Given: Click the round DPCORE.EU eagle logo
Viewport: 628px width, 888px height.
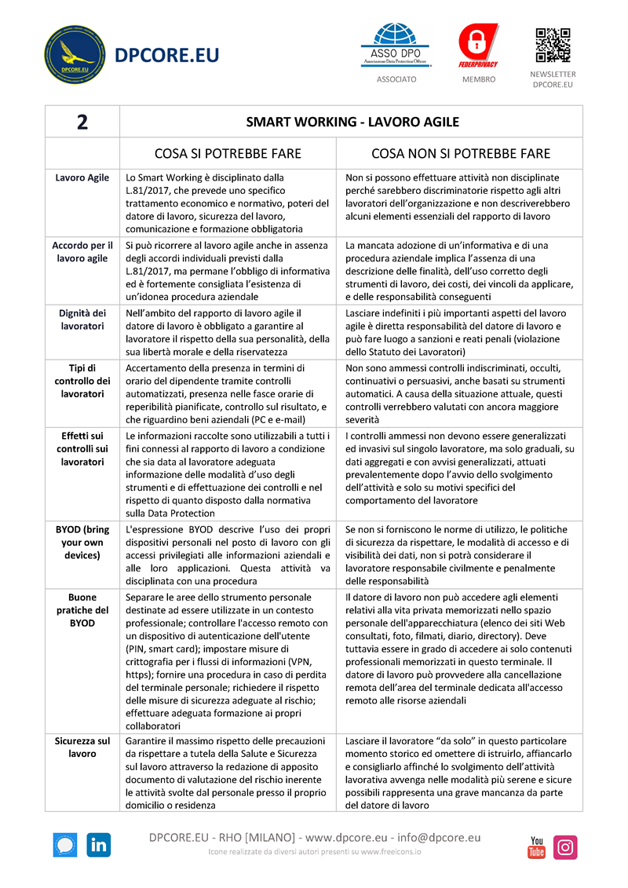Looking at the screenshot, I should point(75,56).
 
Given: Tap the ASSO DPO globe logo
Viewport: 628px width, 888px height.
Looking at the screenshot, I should point(396,43).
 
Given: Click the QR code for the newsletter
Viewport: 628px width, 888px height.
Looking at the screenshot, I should point(553,46).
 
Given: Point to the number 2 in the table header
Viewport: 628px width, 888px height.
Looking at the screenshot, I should point(82,122).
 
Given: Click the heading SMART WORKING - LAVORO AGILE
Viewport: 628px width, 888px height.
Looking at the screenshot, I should point(352,122).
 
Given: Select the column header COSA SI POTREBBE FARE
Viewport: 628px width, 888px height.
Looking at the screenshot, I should point(228,153).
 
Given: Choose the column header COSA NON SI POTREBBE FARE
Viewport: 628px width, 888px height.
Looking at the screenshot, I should point(461,153).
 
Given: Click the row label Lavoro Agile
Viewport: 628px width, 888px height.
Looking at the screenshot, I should point(82,178).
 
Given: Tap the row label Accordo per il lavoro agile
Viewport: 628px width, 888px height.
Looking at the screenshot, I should point(82,252).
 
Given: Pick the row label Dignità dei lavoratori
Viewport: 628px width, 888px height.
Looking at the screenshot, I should point(82,320).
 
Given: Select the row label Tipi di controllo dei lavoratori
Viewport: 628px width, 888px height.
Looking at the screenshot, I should point(82,381).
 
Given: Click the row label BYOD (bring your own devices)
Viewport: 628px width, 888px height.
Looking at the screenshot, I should point(82,543).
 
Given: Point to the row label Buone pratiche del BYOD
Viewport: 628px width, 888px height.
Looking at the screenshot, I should point(82,610).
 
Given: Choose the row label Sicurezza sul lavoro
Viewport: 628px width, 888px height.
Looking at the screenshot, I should point(82,747).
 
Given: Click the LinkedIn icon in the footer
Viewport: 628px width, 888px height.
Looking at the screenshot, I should point(99,845).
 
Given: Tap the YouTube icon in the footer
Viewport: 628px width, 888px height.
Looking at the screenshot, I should point(536,847).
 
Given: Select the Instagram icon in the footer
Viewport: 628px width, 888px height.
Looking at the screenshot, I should point(565,847).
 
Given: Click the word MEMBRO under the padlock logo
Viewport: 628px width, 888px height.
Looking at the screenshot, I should point(478,79).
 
